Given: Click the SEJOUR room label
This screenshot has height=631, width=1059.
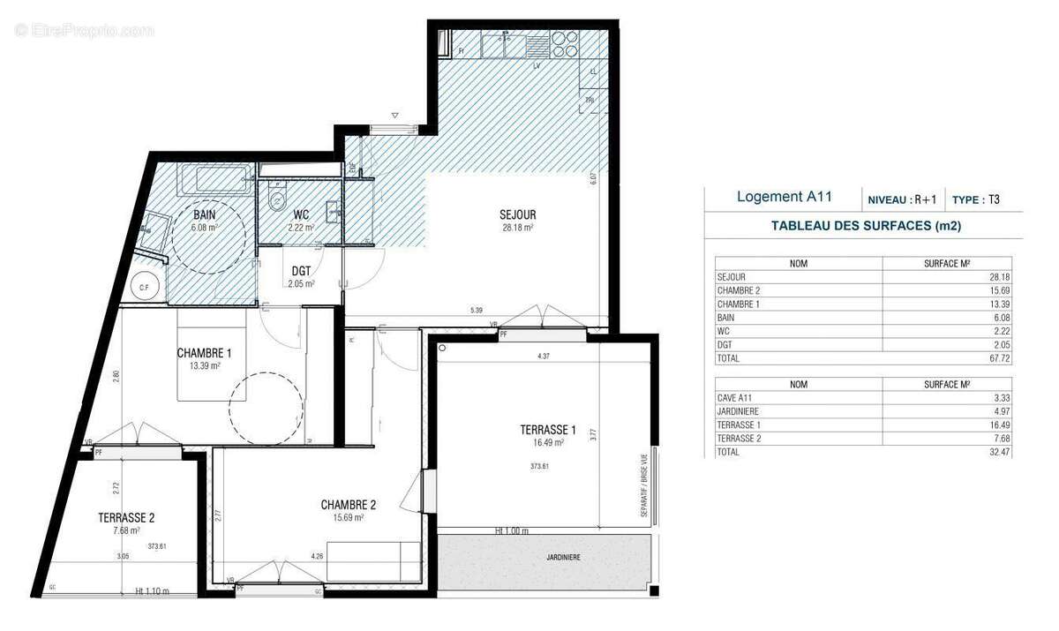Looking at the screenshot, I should click(x=517, y=214).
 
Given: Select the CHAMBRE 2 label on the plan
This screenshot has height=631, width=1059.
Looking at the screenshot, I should click(x=349, y=505).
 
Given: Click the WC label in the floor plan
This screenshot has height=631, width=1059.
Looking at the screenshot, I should click(x=300, y=214).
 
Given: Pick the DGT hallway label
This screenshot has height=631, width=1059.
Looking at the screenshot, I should click(x=300, y=271).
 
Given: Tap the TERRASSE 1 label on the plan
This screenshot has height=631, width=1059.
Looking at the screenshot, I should click(x=547, y=431).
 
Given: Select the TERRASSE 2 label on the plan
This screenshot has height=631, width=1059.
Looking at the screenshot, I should click(x=127, y=519).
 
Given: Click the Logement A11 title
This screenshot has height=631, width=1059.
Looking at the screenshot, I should click(x=784, y=198).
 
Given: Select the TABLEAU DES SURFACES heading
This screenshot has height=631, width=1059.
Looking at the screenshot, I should click(x=865, y=226).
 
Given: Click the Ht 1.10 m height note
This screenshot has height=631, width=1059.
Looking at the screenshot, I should click(x=152, y=591).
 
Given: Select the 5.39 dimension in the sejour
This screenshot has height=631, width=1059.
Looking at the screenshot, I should click(x=476, y=310).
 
